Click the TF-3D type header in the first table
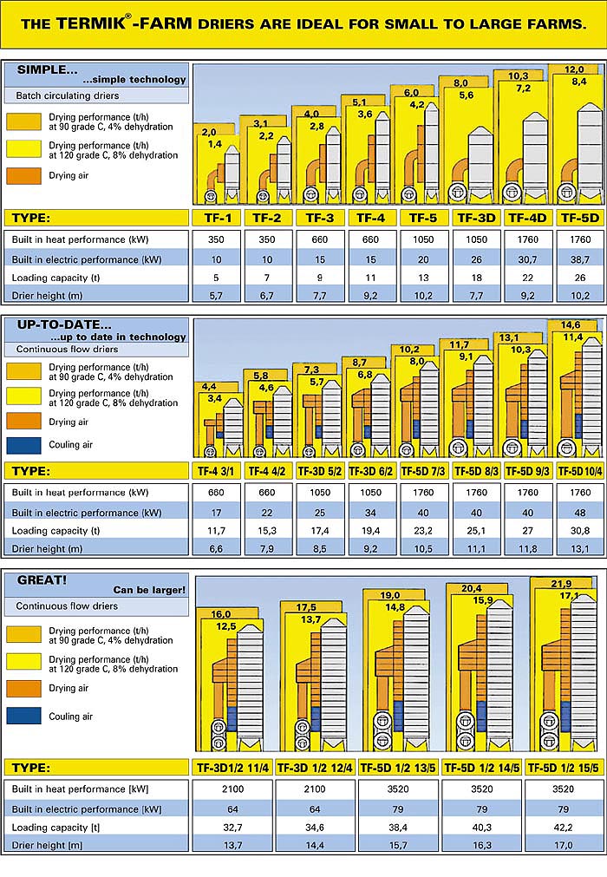pos(476,218)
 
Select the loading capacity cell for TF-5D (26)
pos(580,278)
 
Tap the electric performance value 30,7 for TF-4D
pos(527,259)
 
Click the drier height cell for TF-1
pos(216,295)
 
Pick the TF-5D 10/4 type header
pos(580,472)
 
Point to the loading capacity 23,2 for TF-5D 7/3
pos(423,531)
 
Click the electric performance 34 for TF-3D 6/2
pos(370,513)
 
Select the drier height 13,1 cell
pos(580,549)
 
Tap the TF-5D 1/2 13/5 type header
pos(398,768)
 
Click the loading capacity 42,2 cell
pos(564,828)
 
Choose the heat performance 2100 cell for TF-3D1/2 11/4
pos(232,789)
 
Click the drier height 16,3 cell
pos(482,845)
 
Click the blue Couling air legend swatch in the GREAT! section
pos(23,716)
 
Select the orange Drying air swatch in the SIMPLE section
pos(23,175)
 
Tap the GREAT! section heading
pos(42,580)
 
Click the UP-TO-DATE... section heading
pos(64,324)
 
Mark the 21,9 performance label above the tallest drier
pos(561,584)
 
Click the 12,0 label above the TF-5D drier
pos(574,70)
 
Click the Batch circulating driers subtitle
pos(67,95)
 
